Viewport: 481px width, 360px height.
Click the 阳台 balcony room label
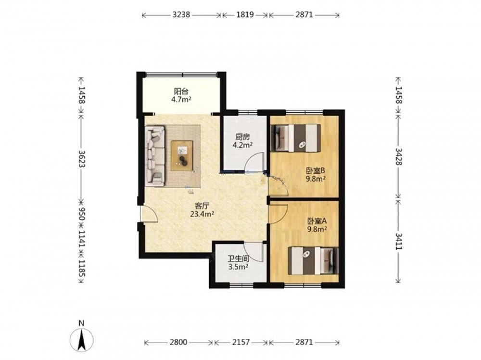pos(181,91)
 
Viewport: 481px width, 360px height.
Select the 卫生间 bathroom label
pos(238,259)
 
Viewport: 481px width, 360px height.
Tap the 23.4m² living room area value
pos(202,214)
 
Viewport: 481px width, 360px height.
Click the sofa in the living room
pos(155,155)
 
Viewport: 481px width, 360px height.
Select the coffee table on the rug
pos(182,155)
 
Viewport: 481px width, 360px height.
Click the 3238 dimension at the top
pos(181,14)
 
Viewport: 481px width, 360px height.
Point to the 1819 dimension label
pos(245,14)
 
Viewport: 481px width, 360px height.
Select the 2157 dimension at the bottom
pos(241,342)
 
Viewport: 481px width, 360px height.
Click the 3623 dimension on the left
pos(82,158)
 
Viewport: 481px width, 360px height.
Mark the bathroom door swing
pos(254,251)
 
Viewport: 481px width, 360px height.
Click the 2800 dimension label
pos(178,342)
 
